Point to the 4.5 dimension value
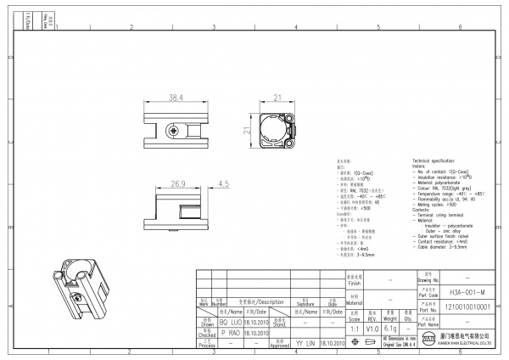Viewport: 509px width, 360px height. coord(224,183)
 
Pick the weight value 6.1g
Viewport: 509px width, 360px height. coord(391,328)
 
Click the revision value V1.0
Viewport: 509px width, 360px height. coord(372,328)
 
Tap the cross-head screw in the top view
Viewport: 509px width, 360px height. coord(175,131)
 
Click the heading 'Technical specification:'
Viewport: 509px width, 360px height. coord(439,160)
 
